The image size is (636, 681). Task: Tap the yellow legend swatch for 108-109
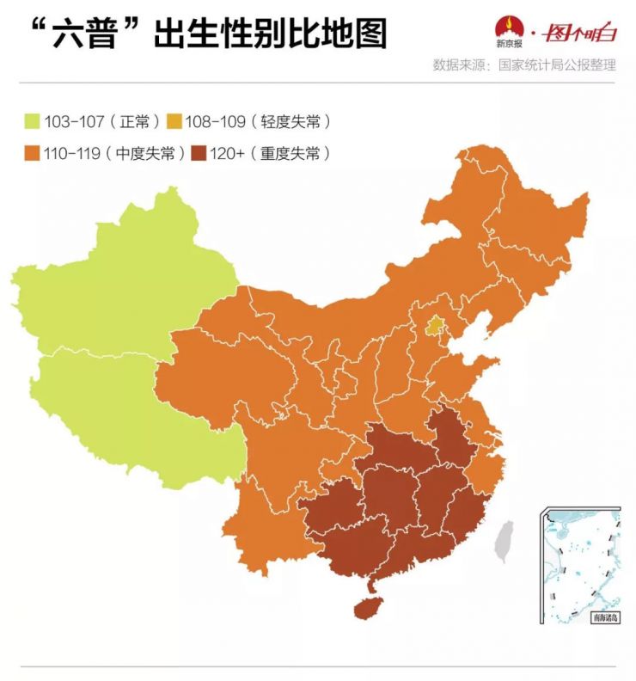[x=174, y=121]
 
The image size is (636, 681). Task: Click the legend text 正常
[x=136, y=121]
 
